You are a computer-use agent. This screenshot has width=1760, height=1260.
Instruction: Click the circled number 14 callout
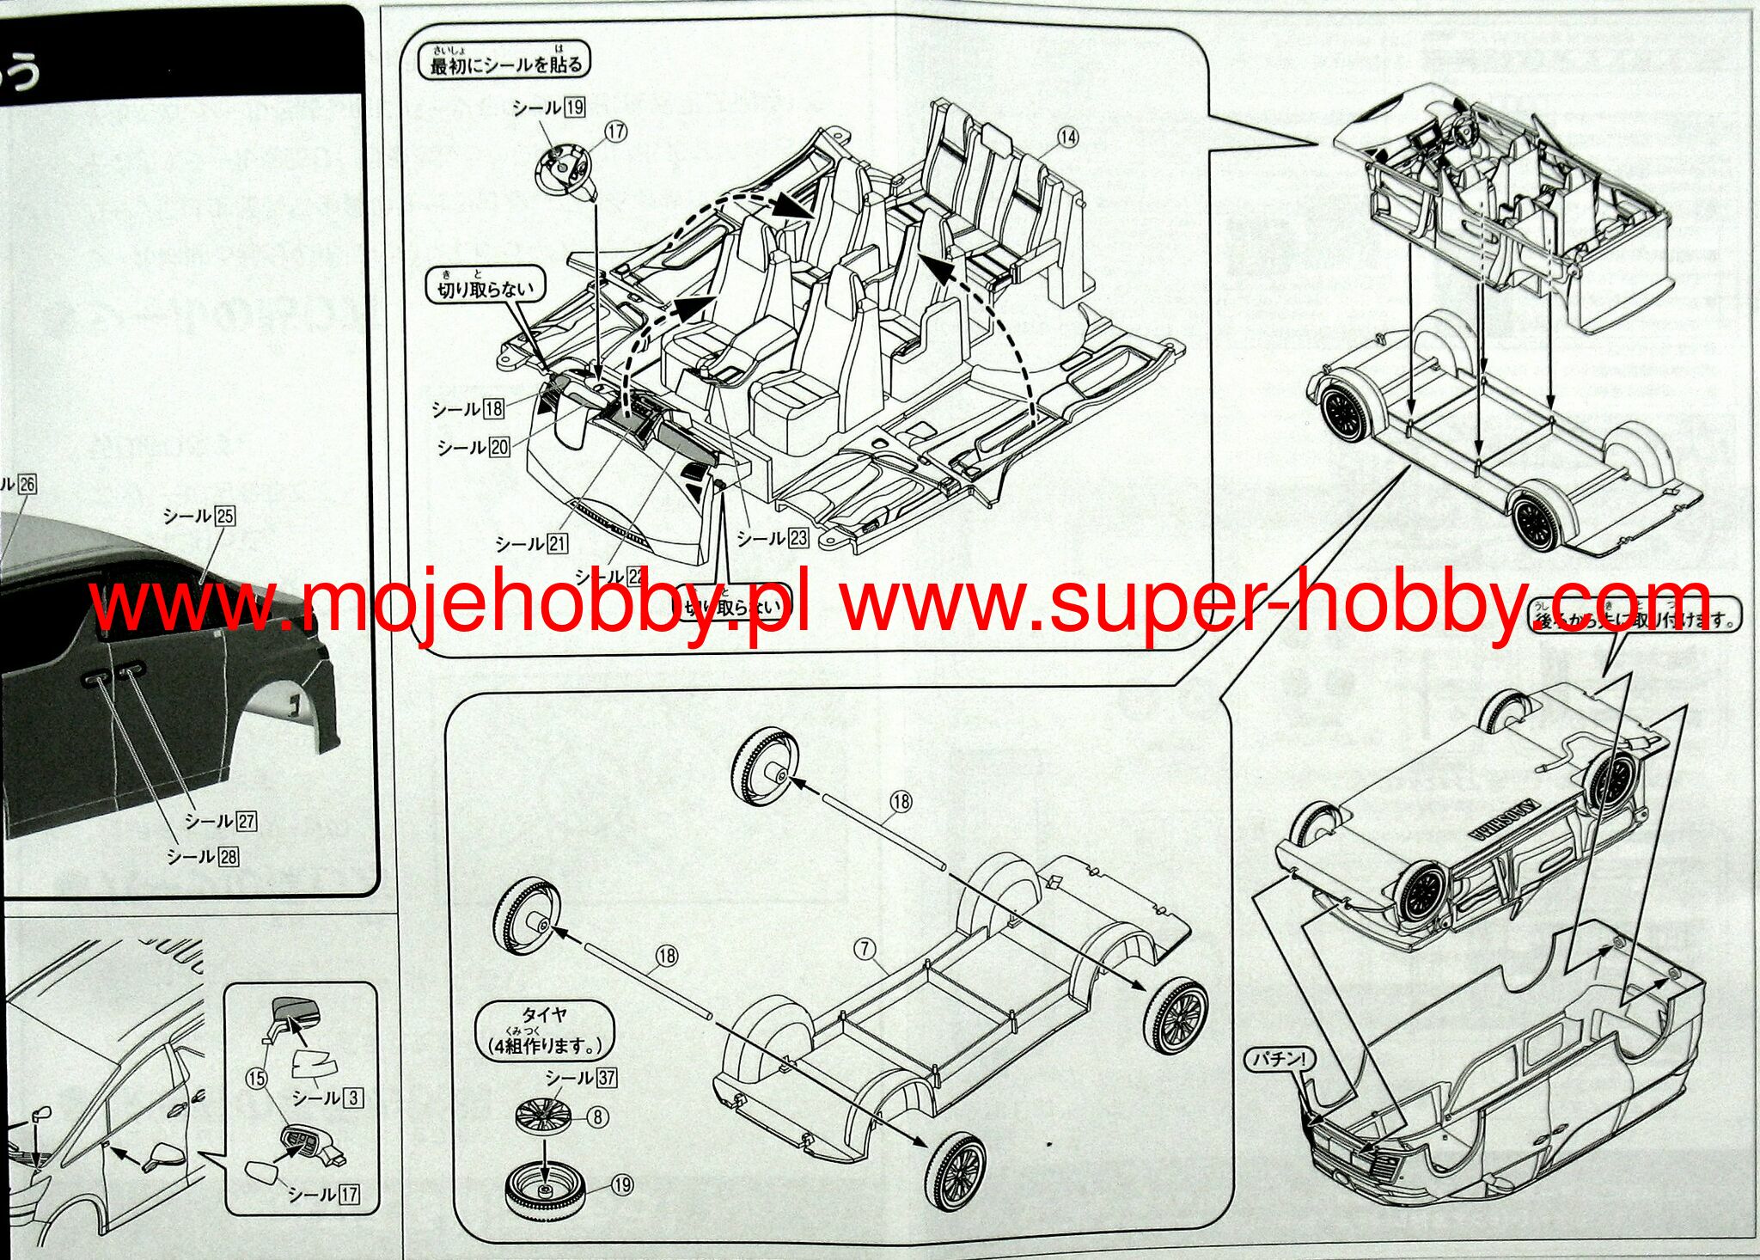1067,137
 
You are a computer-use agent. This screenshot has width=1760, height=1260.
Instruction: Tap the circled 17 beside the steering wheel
615,131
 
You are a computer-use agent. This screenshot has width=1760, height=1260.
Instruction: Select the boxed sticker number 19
575,107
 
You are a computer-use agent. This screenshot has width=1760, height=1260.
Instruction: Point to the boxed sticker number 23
798,538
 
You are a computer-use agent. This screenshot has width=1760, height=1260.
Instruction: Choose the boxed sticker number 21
558,543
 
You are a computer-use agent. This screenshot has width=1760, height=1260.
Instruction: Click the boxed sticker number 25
225,516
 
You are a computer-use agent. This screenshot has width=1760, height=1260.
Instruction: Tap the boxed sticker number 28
229,856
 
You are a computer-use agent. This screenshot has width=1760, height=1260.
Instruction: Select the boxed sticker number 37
607,1077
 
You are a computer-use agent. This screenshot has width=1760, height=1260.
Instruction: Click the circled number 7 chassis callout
865,948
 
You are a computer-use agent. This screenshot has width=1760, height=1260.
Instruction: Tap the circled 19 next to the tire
622,1185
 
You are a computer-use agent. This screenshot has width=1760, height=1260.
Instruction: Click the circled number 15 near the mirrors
256,1078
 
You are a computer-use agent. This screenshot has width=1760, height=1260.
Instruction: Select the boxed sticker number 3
352,1098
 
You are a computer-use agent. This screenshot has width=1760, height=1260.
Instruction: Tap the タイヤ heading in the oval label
544,1015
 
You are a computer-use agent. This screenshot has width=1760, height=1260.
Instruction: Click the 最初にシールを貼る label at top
505,61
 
